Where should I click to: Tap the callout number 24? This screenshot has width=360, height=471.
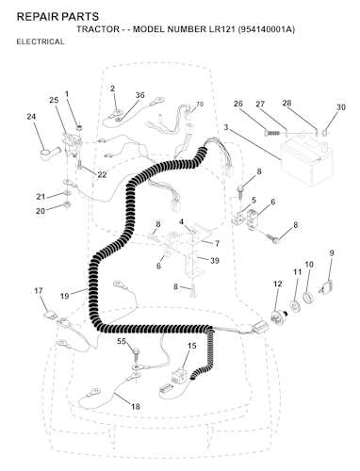pyautogui.click(x=31, y=117)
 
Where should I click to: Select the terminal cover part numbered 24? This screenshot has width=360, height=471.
pyautogui.click(x=51, y=154)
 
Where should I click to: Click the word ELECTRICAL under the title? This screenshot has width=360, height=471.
pyautogui.click(x=41, y=41)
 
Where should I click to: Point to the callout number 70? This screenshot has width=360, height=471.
pyautogui.click(x=200, y=104)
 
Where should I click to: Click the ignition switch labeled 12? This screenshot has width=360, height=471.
pyautogui.click(x=279, y=318)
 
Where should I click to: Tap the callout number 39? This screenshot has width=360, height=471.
pyautogui.click(x=215, y=261)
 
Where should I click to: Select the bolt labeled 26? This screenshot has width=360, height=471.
pyautogui.click(x=271, y=133)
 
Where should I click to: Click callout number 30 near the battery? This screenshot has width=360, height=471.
pyautogui.click(x=341, y=107)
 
